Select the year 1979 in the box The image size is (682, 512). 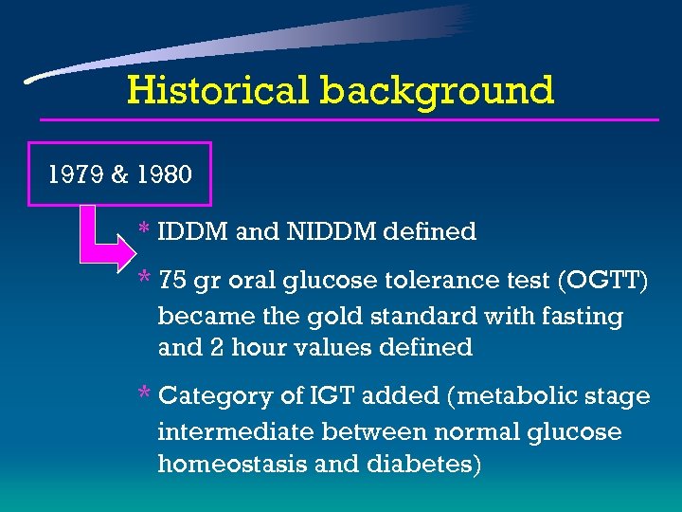point(77,174)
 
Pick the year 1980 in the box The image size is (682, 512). point(163,174)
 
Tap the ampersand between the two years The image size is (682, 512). point(120,174)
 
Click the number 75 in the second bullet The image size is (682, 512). point(172,281)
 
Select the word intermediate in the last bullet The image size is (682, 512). point(236,432)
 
